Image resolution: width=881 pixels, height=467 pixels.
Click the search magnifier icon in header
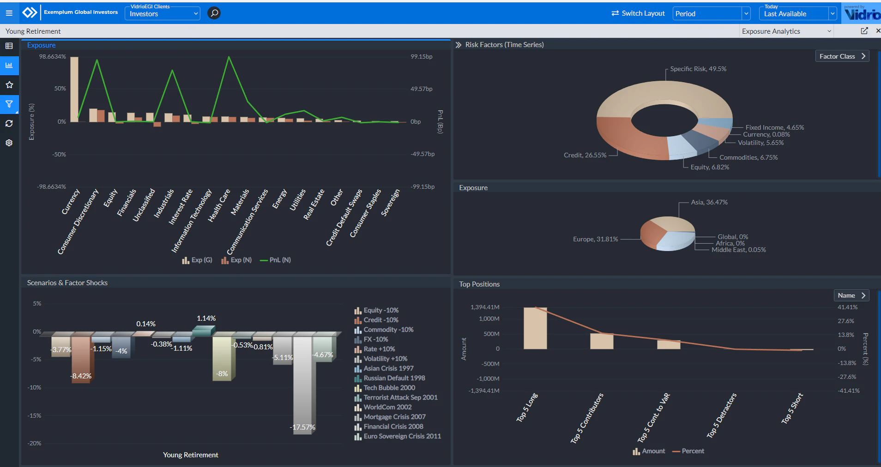[214, 13]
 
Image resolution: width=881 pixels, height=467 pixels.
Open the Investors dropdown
[163, 14]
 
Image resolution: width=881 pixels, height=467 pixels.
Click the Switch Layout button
[638, 13]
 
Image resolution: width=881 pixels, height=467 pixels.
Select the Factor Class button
[842, 56]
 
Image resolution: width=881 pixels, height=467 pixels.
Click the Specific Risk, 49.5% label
[698, 69]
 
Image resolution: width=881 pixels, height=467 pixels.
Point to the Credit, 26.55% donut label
[585, 155]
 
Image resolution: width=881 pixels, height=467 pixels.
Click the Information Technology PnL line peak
[229, 57]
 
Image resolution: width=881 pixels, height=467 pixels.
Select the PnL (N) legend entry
[276, 260]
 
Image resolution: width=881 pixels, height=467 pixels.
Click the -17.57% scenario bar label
[303, 427]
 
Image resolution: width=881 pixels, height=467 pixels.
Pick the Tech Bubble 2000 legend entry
[389, 388]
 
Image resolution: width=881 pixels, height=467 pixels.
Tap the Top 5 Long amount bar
[535, 328]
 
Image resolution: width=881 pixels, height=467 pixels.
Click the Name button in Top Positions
[851, 295]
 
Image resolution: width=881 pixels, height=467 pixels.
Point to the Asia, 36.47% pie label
[709, 202]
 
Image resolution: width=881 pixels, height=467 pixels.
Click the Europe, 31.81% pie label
[595, 239]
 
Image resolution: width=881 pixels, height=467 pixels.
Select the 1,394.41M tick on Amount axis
[485, 307]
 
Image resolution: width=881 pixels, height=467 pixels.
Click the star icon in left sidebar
[9, 85]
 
